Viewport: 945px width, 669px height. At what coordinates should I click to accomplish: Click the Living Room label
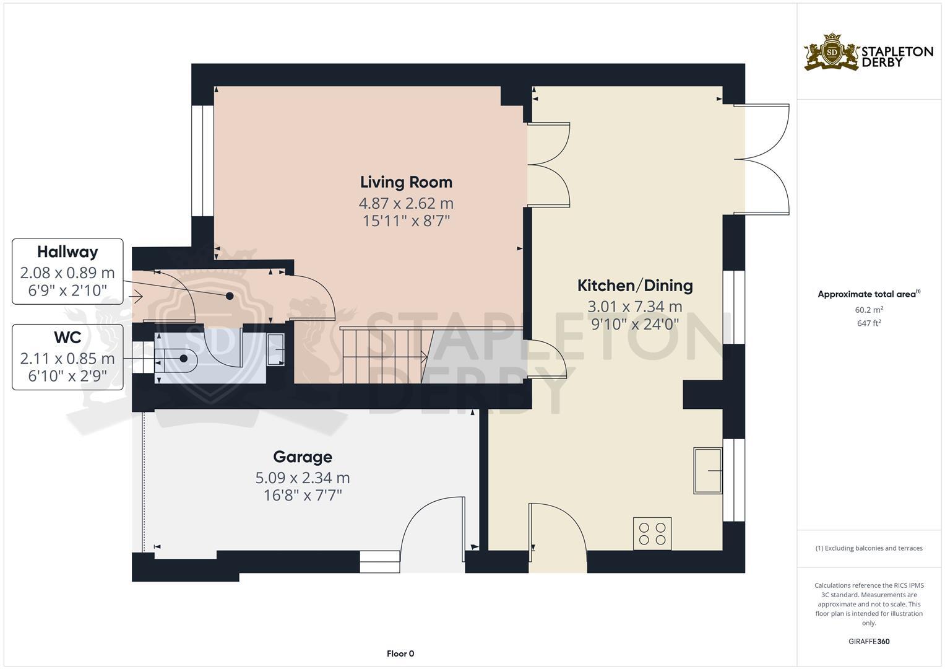(x=406, y=182)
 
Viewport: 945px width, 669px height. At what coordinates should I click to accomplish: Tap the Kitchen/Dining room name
(x=634, y=286)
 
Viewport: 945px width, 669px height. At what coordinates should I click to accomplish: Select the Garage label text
(x=303, y=457)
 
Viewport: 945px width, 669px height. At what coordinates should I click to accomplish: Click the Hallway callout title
(x=67, y=252)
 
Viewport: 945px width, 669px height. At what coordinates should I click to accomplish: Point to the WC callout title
(x=67, y=338)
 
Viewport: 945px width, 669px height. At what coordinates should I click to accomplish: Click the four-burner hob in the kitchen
(x=652, y=533)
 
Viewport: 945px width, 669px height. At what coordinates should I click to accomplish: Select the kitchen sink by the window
(x=707, y=471)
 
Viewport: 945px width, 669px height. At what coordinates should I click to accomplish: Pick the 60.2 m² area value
(x=869, y=310)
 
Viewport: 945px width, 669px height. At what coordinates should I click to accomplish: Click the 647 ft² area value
(x=869, y=323)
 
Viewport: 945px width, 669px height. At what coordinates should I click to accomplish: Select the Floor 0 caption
(x=400, y=654)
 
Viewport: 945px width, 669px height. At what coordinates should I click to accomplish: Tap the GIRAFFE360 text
(x=869, y=642)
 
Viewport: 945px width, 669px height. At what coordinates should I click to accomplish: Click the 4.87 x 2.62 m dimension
(x=406, y=203)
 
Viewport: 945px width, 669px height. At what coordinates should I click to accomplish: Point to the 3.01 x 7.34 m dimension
(x=634, y=307)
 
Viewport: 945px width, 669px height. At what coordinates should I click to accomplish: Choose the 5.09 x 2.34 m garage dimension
(x=303, y=478)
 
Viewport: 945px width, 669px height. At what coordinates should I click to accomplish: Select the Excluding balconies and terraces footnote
(x=869, y=548)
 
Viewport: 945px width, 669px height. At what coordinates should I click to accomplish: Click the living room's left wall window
(x=202, y=160)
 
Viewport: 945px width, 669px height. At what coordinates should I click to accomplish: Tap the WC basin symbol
(x=275, y=350)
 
